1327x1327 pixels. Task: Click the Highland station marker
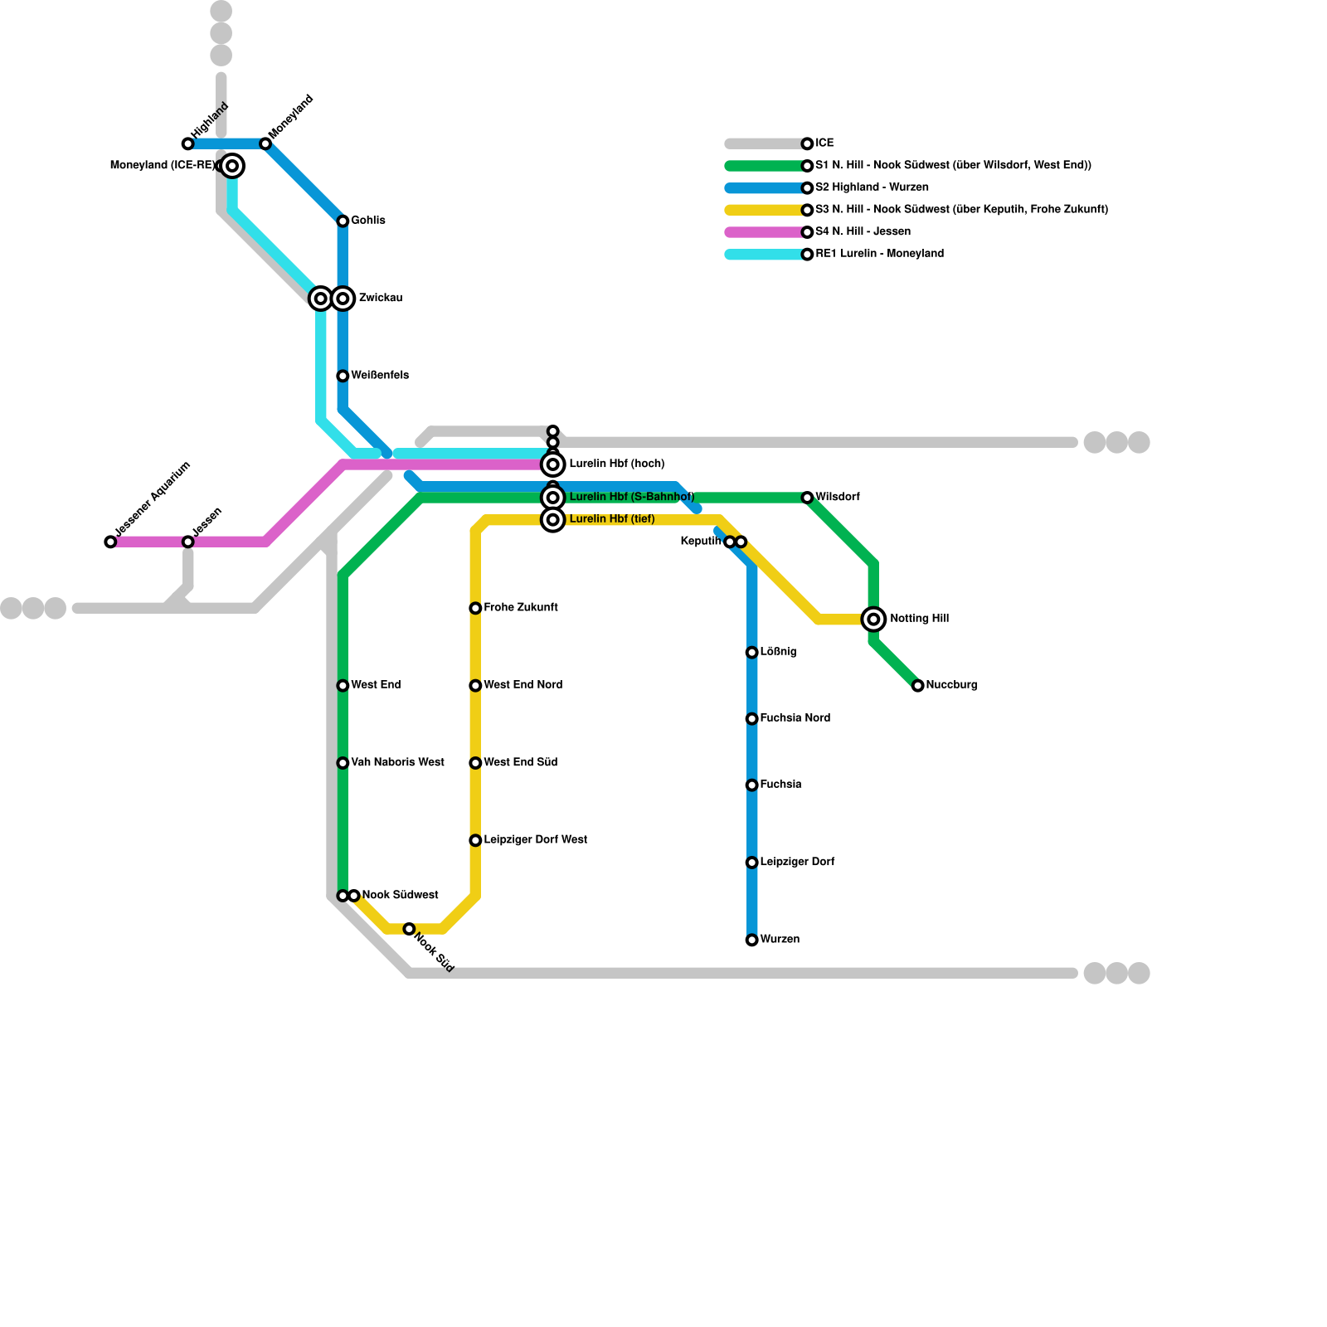point(188,144)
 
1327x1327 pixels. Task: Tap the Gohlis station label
point(367,221)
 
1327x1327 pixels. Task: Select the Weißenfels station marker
point(343,377)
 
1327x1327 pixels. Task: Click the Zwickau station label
point(380,298)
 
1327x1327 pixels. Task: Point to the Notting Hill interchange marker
point(873,620)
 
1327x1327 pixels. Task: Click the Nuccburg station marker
point(917,686)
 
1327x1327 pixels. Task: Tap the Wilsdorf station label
point(837,497)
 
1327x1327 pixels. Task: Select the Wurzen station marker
point(751,941)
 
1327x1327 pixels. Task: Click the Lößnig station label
point(778,652)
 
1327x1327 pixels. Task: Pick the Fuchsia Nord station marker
point(751,719)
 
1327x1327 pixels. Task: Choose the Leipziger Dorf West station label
point(535,840)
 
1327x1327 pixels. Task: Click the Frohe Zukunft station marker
point(475,609)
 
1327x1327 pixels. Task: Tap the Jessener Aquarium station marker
point(111,542)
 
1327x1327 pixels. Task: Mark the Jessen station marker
point(188,542)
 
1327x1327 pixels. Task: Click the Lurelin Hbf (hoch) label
point(616,464)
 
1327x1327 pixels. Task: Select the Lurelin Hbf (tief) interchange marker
point(553,520)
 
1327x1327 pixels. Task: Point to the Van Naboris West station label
point(397,762)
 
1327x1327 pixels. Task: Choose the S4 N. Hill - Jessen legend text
point(863,231)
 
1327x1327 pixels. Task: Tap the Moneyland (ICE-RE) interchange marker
point(233,167)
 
